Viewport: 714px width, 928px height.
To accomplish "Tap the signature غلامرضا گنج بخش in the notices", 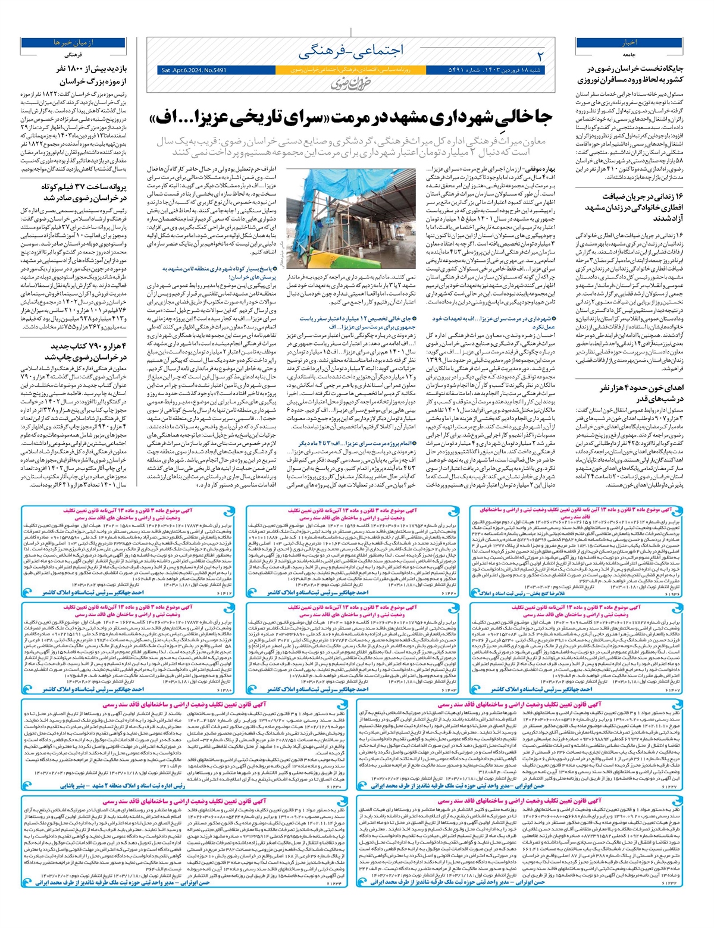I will (x=520, y=593).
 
